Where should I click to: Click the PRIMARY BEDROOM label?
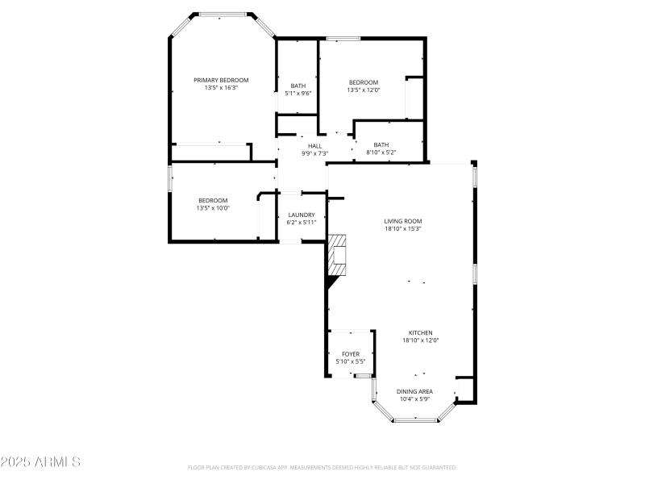[221, 80]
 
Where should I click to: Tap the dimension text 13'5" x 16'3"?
[221, 87]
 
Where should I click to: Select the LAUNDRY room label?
[302, 215]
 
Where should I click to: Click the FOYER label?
[351, 354]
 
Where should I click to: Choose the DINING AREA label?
[414, 391]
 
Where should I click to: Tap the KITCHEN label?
[420, 332]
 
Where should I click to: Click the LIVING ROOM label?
[402, 221]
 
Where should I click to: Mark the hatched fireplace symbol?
[336, 256]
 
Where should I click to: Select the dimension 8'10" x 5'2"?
[381, 152]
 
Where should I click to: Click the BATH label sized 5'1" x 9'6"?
[298, 86]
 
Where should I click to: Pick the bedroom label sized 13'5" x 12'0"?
[363, 82]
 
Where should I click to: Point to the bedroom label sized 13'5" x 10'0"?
[213, 200]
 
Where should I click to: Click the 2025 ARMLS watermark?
[40, 462]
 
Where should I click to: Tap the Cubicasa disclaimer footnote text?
[322, 467]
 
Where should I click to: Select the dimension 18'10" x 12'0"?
[420, 340]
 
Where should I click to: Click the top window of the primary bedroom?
[223, 14]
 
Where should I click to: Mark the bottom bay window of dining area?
[414, 419]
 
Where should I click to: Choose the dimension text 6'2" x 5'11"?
[302, 223]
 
